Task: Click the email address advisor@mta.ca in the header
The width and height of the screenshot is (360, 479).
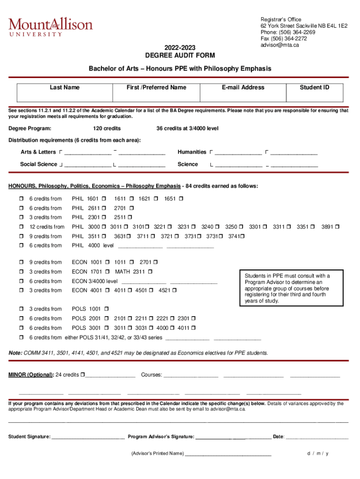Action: [x=280, y=45]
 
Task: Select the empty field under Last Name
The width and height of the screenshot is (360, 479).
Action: [x=65, y=96]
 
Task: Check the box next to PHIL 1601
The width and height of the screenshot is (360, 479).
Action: [x=104, y=199]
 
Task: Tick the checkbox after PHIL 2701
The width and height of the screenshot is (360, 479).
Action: [x=132, y=208]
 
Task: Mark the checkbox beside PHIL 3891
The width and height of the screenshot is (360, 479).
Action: [x=337, y=227]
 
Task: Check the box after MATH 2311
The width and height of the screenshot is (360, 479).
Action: [x=151, y=272]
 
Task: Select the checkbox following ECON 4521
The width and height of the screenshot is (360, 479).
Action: [x=174, y=290]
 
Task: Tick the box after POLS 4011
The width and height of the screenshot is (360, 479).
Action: [x=194, y=328]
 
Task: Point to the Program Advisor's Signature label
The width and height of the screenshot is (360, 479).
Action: [x=161, y=437]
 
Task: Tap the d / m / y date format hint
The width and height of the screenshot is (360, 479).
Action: [x=318, y=454]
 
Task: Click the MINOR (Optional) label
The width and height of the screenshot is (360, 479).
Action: [x=31, y=375]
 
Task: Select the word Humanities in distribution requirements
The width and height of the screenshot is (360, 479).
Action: [x=192, y=152]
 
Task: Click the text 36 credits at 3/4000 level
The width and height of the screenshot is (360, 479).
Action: [x=187, y=129]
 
